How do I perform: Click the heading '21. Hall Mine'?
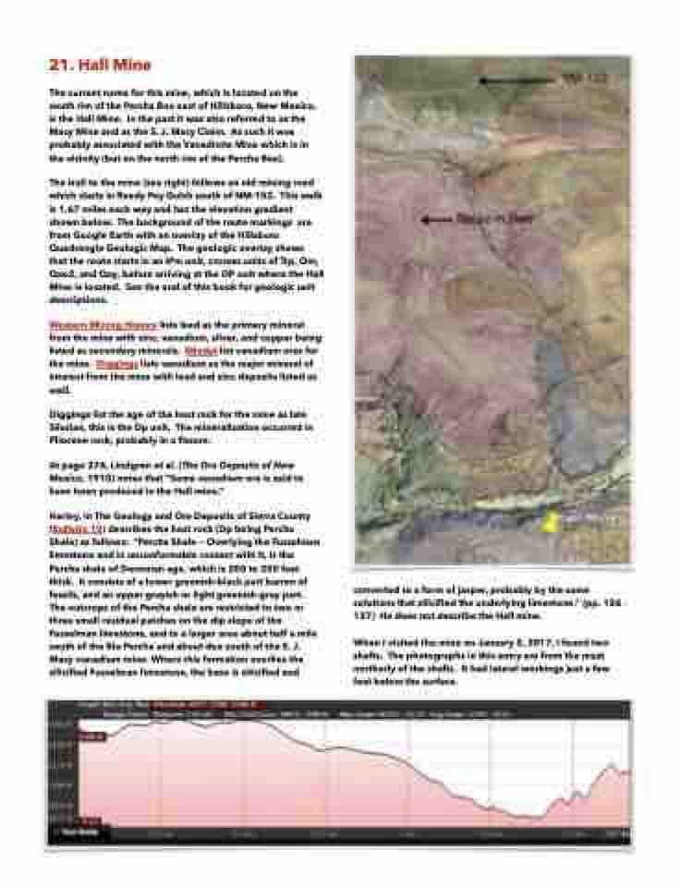pos(99,66)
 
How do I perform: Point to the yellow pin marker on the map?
pos(551,523)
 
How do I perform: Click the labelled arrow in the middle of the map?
pos(442,220)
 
